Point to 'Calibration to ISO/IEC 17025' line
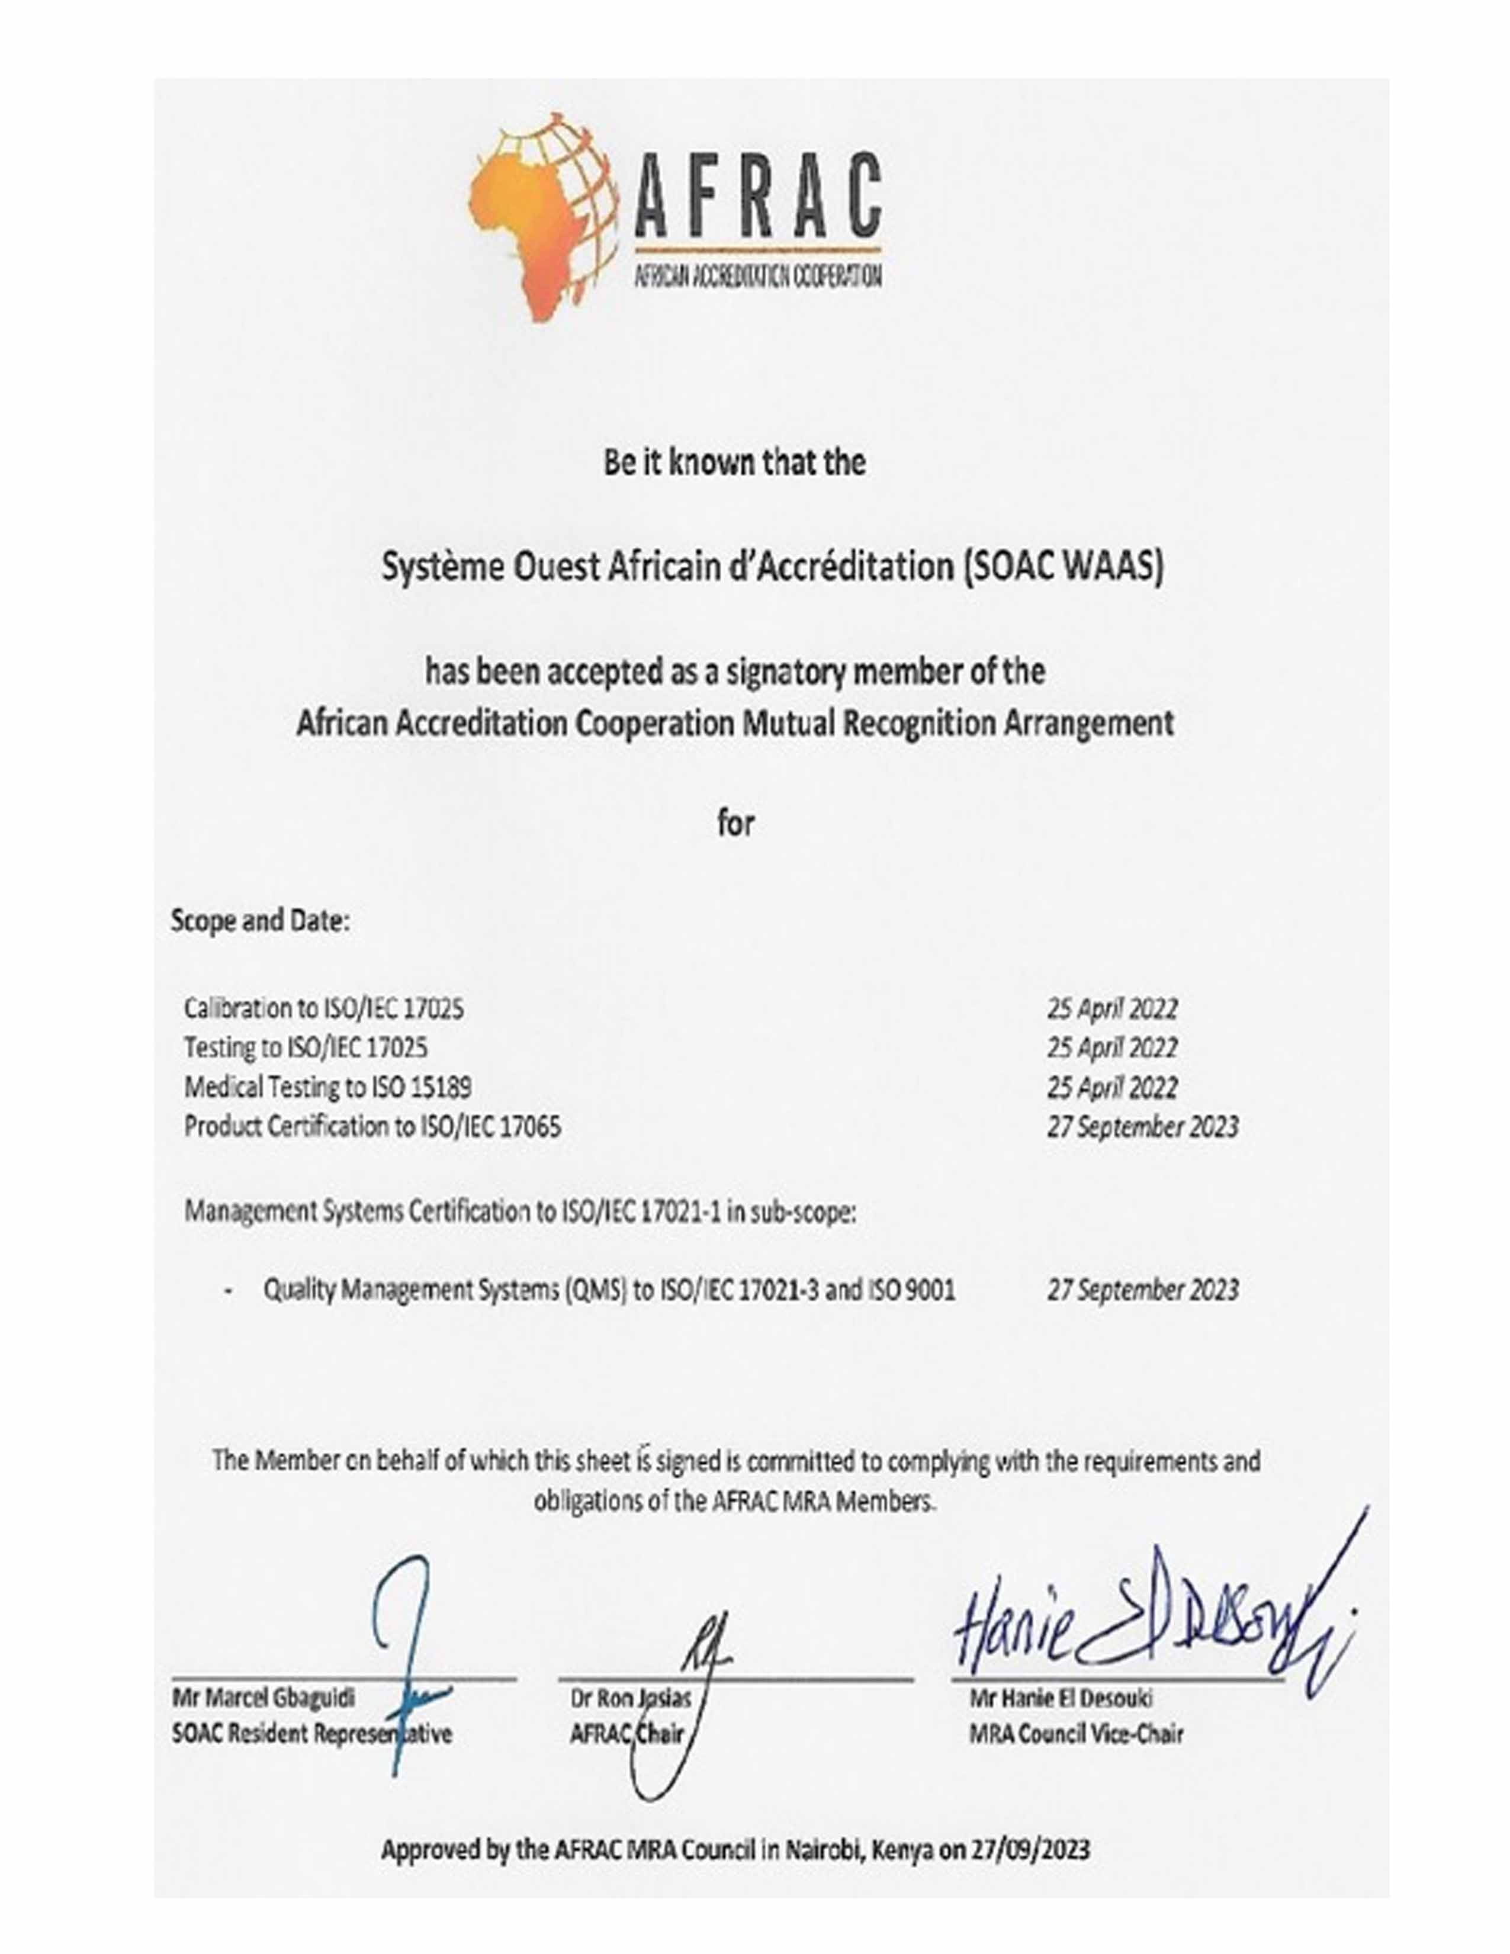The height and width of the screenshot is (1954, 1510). coord(324,1008)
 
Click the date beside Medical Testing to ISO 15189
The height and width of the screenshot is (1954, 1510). coord(1112,1087)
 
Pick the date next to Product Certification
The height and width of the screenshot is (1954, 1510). coord(1142,1126)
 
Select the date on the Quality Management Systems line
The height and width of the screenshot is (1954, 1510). coord(1142,1290)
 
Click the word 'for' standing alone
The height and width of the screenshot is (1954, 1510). coord(735,823)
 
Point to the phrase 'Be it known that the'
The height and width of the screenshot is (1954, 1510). coord(734,462)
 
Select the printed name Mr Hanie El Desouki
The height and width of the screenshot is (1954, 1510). coord(1061,1697)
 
